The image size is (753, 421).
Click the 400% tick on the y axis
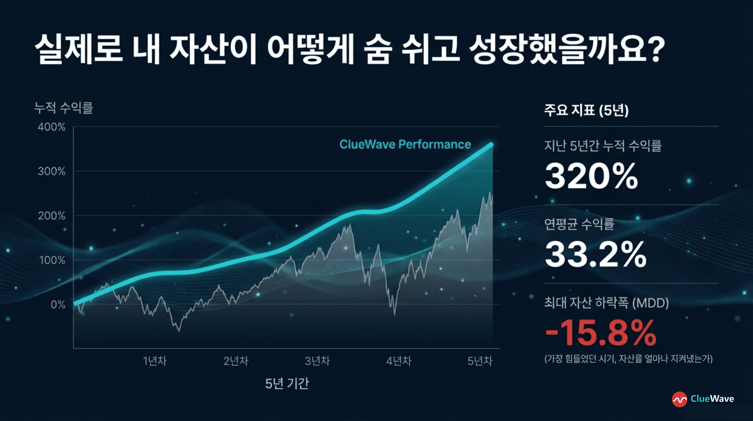tap(52, 127)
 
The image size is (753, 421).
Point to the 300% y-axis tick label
tap(52, 171)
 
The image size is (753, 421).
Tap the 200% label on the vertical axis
tap(52, 216)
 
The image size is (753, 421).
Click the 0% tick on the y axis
tap(58, 305)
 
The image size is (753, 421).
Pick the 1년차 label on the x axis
tap(155, 361)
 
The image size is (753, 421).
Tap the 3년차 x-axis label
tap(317, 361)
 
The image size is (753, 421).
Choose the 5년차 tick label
tap(480, 361)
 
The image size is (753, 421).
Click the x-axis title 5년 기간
tap(287, 384)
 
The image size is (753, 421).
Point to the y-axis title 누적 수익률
tap(64, 108)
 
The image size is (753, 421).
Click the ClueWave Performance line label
tap(405, 144)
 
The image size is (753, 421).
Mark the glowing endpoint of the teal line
tap(491, 145)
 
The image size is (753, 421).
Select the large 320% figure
tap(591, 176)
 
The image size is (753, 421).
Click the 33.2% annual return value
tap(595, 254)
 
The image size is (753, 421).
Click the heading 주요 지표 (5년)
tap(586, 110)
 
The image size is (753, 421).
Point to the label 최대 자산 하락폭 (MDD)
tap(606, 303)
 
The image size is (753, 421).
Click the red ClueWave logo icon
tap(680, 399)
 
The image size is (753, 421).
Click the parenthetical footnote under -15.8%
tap(629, 359)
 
